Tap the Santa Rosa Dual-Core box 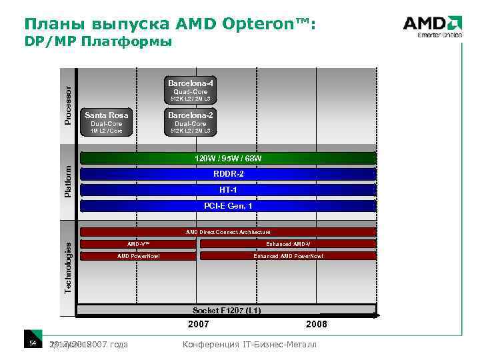click(107, 121)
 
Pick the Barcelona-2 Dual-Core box click(191, 121)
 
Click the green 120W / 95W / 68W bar click(228, 159)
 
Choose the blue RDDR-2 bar click(228, 175)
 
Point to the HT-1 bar click(228, 191)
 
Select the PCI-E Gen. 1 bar click(228, 207)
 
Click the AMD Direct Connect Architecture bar click(228, 232)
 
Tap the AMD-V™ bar click(138, 244)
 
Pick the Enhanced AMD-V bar click(288, 244)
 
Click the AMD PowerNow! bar click(138, 256)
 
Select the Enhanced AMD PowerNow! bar click(288, 256)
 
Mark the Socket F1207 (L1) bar click(227, 311)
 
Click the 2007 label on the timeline click(198, 325)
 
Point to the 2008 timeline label click(316, 325)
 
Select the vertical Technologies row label click(68, 267)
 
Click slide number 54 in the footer click(31, 343)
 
